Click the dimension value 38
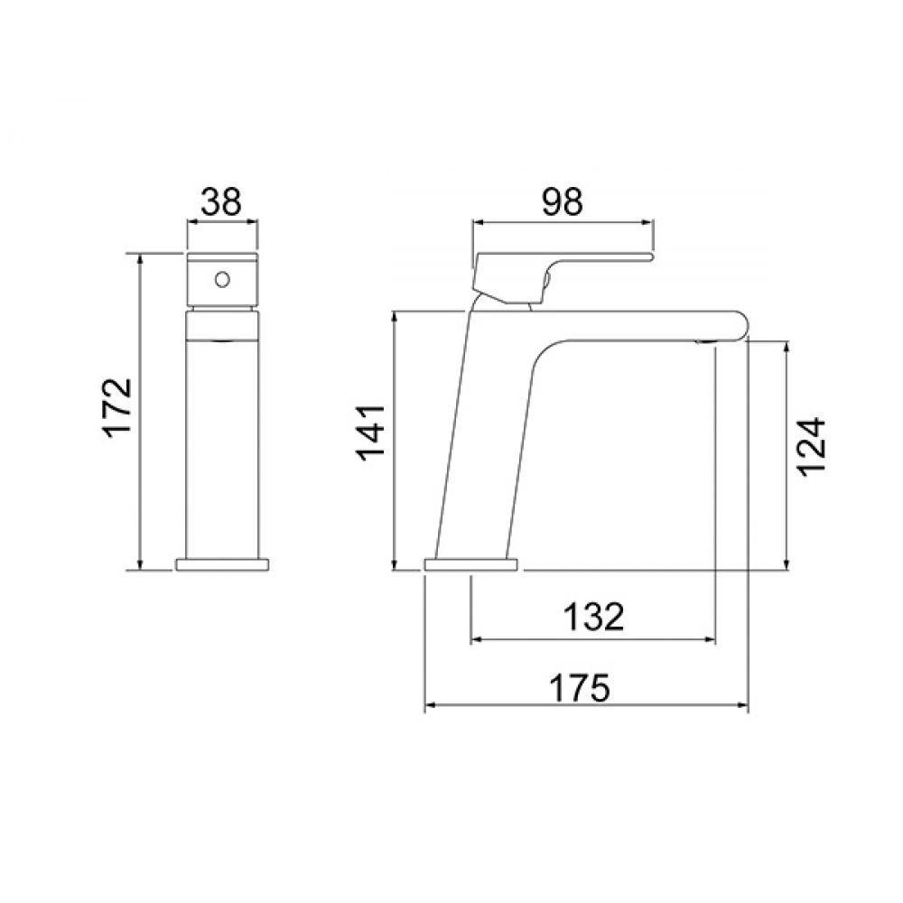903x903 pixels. pyautogui.click(x=221, y=201)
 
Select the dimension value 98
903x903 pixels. pyautogui.click(x=561, y=201)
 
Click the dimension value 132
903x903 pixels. pyautogui.click(x=593, y=618)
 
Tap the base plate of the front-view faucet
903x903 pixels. pyautogui.click(x=221, y=564)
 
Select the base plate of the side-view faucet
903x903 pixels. pyautogui.click(x=470, y=565)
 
